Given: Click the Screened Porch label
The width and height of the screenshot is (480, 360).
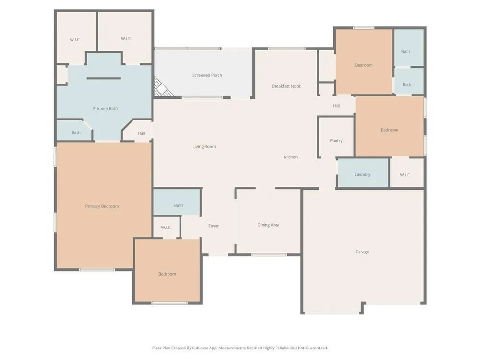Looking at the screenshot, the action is pyautogui.click(x=207, y=75).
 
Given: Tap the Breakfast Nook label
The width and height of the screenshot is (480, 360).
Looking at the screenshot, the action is pyautogui.click(x=286, y=86).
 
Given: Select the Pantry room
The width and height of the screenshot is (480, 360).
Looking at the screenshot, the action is pyautogui.click(x=336, y=138).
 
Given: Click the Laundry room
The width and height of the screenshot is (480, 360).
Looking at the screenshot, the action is pyautogui.click(x=363, y=173).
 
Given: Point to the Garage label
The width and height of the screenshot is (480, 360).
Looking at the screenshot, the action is pyautogui.click(x=362, y=252).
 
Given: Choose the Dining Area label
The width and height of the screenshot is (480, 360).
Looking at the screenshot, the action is pyautogui.click(x=268, y=225).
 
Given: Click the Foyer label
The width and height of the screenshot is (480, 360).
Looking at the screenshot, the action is pyautogui.click(x=214, y=226).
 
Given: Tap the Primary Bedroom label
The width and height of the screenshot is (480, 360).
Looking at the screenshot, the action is pyautogui.click(x=102, y=206).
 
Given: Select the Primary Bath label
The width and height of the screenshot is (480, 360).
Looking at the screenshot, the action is pyautogui.click(x=105, y=108).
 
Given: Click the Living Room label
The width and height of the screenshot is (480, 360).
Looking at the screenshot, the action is pyautogui.click(x=204, y=147).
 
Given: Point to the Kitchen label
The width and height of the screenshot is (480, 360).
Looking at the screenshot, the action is pyautogui.click(x=290, y=157).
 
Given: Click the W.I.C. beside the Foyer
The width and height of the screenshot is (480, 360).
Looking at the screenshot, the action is pyautogui.click(x=166, y=228).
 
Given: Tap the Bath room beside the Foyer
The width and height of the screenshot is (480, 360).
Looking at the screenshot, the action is pyautogui.click(x=177, y=202).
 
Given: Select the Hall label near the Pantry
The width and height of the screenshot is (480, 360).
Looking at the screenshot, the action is pyautogui.click(x=336, y=106).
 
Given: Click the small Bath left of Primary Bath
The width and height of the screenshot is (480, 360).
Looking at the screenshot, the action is pyautogui.click(x=74, y=131).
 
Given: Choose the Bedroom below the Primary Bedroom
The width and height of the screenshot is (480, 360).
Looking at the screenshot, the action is pyautogui.click(x=168, y=271).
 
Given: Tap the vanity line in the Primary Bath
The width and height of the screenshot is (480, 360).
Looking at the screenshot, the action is pyautogui.click(x=104, y=78).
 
